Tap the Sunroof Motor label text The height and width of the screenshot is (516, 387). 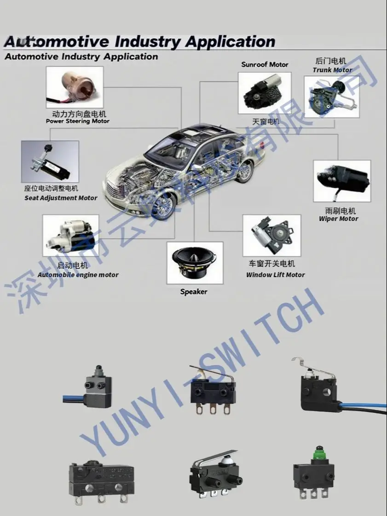pos(265,64)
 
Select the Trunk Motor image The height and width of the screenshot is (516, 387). pos(331,97)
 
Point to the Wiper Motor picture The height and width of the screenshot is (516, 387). pos(342,181)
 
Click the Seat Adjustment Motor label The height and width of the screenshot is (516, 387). pos(61,198)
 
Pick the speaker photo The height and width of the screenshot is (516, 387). pos(195,262)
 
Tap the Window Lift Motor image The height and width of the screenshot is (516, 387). pos(271,235)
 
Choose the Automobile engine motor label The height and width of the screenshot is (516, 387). pos(78,275)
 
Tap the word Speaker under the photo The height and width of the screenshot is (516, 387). pos(194,291)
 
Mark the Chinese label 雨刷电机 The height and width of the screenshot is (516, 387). pos(338,211)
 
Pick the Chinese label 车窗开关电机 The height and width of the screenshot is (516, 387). pos(272,264)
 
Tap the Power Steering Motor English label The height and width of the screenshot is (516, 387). pos(78,121)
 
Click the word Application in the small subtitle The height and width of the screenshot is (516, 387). pos(131,57)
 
